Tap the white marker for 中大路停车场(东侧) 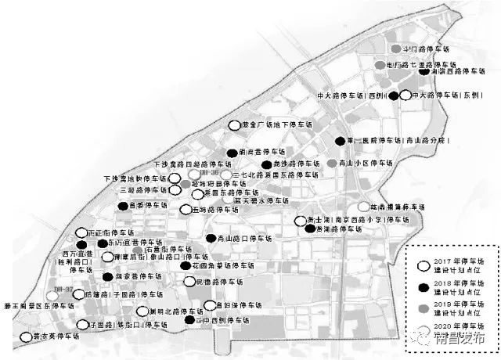(x=405, y=95)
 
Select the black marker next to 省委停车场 (x=123, y=206)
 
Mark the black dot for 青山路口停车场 (x=210, y=238)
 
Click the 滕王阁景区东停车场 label (x=38, y=307)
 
